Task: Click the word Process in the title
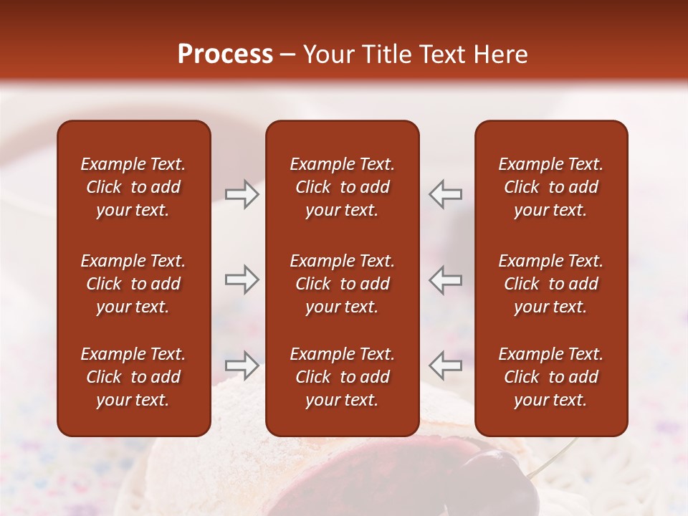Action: pos(225,54)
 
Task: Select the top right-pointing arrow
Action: pos(242,194)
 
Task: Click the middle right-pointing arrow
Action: pos(242,279)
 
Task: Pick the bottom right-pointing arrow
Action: pos(242,365)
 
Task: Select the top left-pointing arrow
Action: pos(445,194)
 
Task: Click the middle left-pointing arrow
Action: pos(445,279)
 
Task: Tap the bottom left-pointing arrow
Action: pos(445,365)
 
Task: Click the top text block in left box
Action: pos(133,187)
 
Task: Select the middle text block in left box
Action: pos(133,284)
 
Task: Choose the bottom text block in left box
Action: pos(133,377)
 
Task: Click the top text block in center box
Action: pos(342,187)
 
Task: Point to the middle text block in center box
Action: pos(342,284)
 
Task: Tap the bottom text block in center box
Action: pos(342,377)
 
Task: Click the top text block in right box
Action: pos(550,187)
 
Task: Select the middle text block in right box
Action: pos(550,284)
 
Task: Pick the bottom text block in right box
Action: pos(550,377)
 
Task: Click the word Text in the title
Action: pos(436,54)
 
